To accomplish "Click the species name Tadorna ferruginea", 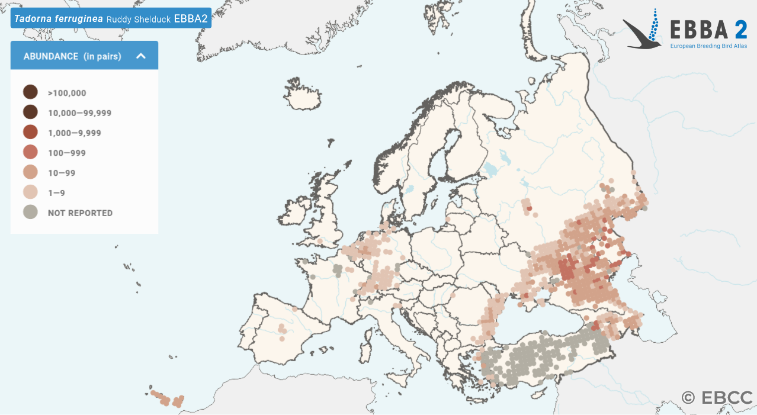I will [x=58, y=18].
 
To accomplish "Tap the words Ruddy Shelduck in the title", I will [x=138, y=19].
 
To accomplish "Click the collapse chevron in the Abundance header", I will [x=141, y=56].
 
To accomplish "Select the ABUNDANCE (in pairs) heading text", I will [x=72, y=56].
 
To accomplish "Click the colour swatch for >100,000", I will [x=30, y=92].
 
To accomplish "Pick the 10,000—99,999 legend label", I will [x=79, y=112].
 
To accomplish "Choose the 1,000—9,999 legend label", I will [x=75, y=133].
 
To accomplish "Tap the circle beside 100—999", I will [x=30, y=153].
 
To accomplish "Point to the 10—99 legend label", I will [x=62, y=173].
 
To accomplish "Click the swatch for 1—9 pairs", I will [x=30, y=192].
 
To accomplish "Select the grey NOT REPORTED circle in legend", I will [x=30, y=213].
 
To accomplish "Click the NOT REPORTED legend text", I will [x=80, y=213].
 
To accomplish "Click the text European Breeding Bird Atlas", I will [x=708, y=46].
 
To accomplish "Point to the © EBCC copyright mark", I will [x=717, y=397].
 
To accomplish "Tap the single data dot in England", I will [x=320, y=242].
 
